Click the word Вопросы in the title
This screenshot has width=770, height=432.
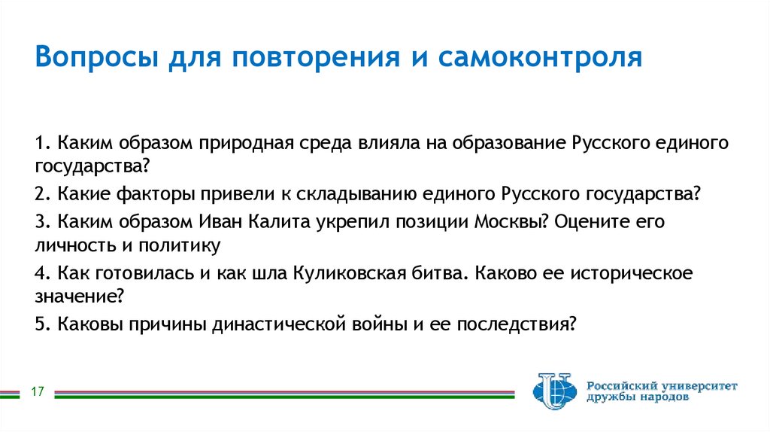point(92,58)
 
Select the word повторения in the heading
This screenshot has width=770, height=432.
point(308,58)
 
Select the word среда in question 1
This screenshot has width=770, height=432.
point(323,142)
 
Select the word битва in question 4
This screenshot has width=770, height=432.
point(432,273)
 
